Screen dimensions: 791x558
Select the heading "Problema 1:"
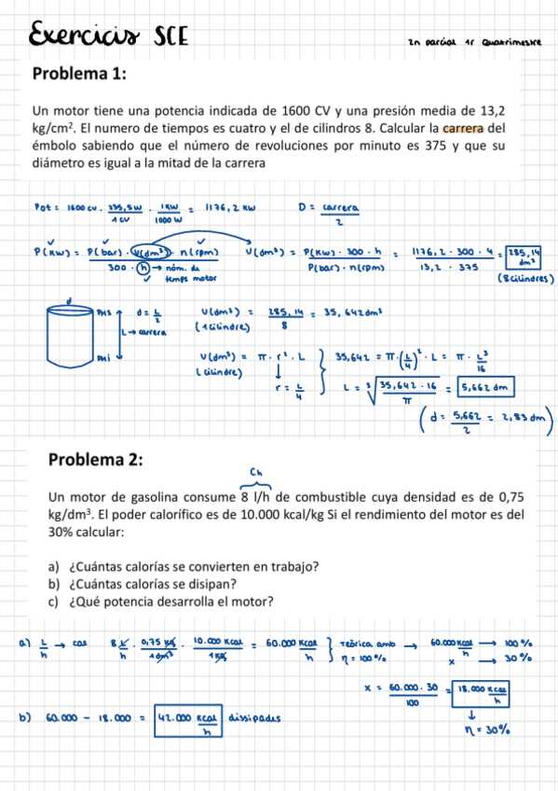coord(79,75)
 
